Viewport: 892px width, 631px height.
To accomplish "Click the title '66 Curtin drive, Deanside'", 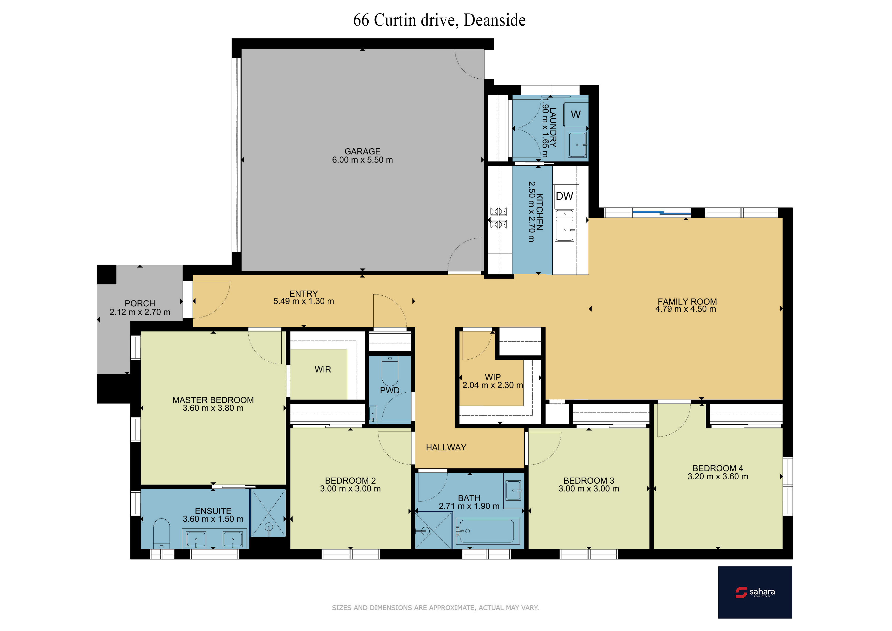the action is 440,20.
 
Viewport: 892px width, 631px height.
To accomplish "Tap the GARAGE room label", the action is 362,151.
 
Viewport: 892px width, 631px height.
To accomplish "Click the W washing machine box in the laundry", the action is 576,114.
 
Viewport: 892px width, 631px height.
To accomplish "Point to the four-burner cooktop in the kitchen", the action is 498,218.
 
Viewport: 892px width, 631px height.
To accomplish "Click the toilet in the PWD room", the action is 390,370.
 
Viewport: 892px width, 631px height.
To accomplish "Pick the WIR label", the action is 323,369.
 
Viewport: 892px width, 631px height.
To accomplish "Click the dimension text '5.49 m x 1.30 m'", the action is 304,301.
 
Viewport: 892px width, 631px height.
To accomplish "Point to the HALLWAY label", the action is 446,448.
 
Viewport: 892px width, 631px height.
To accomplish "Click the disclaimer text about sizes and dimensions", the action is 435,608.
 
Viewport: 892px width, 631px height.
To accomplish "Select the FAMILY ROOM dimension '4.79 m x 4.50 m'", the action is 686,309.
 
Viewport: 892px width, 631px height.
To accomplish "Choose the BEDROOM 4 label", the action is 718,468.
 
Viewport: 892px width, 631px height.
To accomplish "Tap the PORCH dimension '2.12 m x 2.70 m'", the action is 140,312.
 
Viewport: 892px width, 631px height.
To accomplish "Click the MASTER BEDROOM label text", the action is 213,400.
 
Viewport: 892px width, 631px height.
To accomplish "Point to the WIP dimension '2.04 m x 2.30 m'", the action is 493,385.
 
